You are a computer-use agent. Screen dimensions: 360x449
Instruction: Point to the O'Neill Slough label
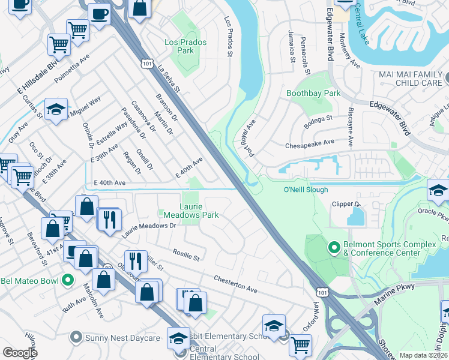point(306,190)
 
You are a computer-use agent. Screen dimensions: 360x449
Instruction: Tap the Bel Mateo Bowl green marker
point(68,280)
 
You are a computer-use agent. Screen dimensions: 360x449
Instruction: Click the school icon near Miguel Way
point(55,109)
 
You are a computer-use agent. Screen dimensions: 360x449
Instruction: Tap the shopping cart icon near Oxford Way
point(300,344)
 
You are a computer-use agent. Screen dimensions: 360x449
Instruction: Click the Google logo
point(20,353)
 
